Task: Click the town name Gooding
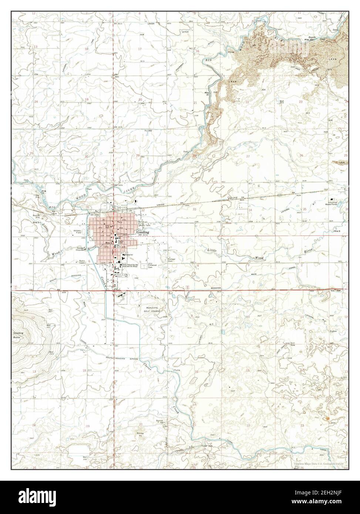point(143,232)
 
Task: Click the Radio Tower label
point(83,262)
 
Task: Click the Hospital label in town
point(128,255)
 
